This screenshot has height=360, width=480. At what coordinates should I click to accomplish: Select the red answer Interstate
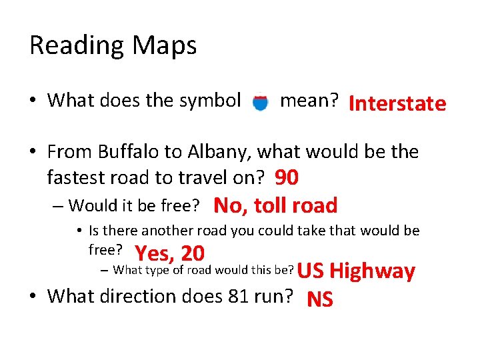click(x=397, y=103)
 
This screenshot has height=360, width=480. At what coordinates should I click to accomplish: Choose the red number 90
click(x=286, y=178)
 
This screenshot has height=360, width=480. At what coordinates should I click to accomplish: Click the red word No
click(x=228, y=205)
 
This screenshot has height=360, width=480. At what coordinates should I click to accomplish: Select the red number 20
click(x=192, y=253)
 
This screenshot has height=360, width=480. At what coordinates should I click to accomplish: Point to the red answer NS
click(x=319, y=300)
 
